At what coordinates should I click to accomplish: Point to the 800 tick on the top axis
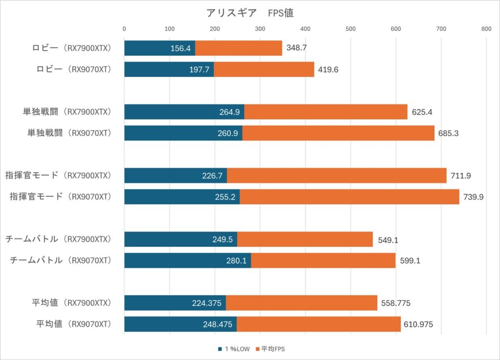pyautogui.click(x=486, y=29)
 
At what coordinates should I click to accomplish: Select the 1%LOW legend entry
pyautogui.click(x=233, y=349)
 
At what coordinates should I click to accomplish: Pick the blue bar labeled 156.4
pyautogui.click(x=160, y=48)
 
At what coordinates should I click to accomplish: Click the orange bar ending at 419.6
pyautogui.click(x=264, y=69)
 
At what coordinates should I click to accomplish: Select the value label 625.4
pyautogui.click(x=421, y=112)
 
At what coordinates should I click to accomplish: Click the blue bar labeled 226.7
pyautogui.click(x=175, y=176)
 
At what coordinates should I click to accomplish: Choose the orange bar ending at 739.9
pyautogui.click(x=349, y=197)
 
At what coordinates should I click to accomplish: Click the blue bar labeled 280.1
pyautogui.click(x=187, y=260)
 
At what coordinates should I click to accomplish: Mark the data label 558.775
pyautogui.click(x=396, y=303)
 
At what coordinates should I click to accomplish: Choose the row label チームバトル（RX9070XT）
pyautogui.click(x=62, y=260)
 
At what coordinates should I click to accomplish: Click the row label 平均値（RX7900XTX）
pyautogui.click(x=74, y=303)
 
